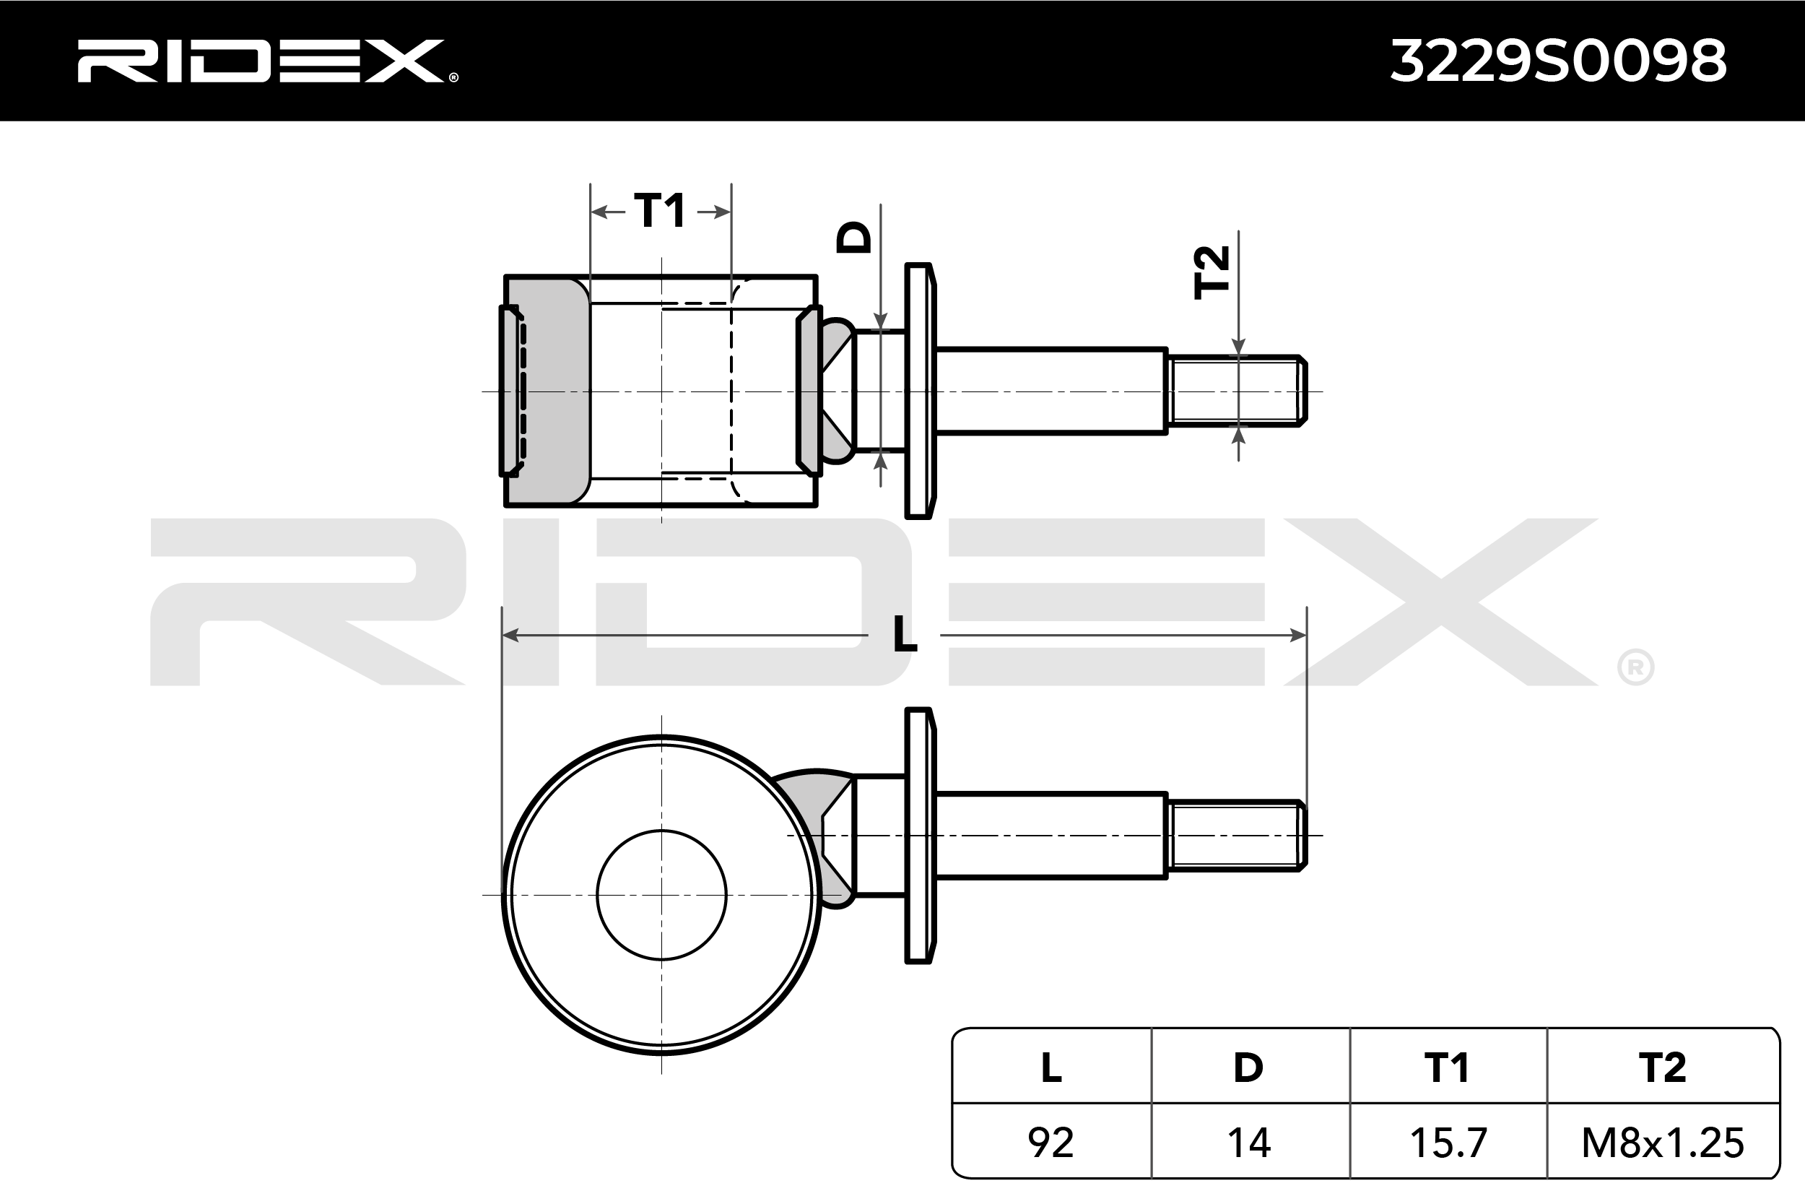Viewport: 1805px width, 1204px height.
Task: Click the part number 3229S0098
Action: click(1559, 61)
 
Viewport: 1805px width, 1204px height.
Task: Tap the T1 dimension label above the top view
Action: click(660, 210)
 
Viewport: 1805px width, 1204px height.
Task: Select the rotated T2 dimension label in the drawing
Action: click(1213, 272)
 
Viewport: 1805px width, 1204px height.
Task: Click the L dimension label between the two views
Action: click(905, 635)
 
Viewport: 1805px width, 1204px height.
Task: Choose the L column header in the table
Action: click(1051, 1067)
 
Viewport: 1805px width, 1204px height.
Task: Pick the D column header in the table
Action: click(1248, 1067)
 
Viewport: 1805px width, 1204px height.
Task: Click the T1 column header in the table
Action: click(1448, 1067)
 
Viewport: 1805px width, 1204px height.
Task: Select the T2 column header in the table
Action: click(1662, 1067)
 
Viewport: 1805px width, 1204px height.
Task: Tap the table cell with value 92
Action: click(1051, 1143)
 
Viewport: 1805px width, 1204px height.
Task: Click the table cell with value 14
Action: click(1248, 1143)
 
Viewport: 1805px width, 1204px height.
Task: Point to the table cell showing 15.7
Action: click(1448, 1143)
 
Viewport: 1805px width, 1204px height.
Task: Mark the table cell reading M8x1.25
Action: click(1663, 1143)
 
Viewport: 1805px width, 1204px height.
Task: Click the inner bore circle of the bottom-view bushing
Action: click(661, 895)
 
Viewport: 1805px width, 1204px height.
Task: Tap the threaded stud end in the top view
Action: click(1235, 391)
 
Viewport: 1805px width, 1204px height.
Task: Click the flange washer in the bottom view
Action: click(918, 835)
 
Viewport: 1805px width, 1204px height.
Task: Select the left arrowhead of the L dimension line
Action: click(510, 635)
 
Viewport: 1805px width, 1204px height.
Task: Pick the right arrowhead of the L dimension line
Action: click(1297, 635)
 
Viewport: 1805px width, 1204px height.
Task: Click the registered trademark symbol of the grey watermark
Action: click(1635, 668)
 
